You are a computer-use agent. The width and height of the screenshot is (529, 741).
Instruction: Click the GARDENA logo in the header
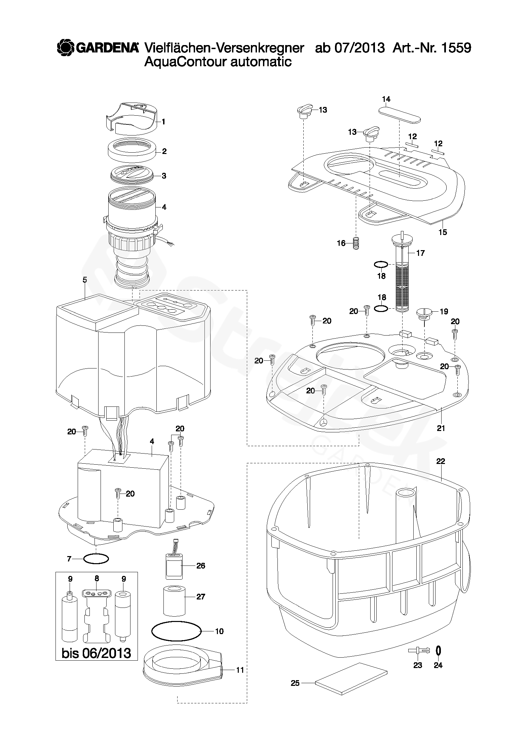98,48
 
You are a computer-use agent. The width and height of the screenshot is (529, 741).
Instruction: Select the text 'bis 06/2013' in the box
96,653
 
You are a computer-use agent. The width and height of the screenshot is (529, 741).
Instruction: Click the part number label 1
163,122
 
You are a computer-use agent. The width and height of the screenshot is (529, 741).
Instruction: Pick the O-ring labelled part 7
96,559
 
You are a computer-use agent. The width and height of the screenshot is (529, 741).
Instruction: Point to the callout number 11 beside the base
240,677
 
